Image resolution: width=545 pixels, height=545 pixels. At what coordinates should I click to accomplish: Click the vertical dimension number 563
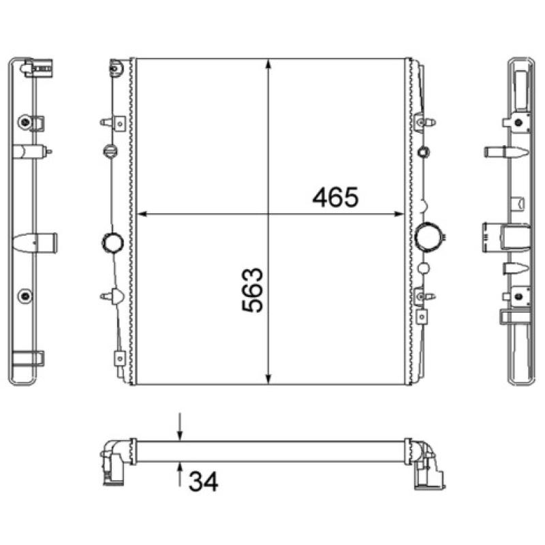[253, 290]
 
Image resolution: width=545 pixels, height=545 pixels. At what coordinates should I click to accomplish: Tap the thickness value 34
[202, 482]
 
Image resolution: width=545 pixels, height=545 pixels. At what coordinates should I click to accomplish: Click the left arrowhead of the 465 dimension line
[142, 215]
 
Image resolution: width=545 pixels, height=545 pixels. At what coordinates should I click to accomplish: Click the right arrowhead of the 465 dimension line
[400, 215]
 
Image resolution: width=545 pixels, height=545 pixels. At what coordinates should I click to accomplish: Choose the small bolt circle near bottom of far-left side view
[26, 295]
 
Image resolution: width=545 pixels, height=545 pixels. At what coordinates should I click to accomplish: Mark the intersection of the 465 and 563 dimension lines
[269, 215]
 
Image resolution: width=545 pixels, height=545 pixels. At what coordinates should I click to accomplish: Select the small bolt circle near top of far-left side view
[26, 122]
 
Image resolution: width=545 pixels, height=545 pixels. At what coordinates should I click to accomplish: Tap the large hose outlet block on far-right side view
[504, 236]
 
